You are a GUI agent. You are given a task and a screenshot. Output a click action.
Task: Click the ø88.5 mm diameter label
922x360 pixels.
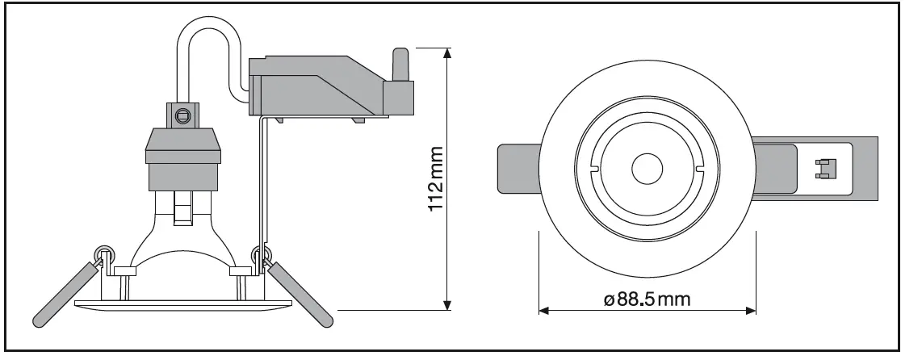coord(647,300)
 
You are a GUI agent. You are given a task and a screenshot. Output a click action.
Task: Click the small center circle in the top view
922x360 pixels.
coord(647,170)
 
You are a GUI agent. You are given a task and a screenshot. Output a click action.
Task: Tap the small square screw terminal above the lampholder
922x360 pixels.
coord(183,116)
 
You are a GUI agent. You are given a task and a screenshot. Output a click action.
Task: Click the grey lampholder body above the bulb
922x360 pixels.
coord(182,157)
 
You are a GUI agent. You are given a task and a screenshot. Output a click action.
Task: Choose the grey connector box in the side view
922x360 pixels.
coord(323,85)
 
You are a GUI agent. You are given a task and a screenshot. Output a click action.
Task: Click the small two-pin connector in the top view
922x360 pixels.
coord(824,168)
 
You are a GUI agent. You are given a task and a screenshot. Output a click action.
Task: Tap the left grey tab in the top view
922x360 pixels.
coord(517,170)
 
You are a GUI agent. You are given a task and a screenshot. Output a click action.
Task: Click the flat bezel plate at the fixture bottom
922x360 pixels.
coord(182,303)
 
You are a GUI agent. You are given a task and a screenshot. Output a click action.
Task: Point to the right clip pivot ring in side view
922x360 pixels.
coord(260,253)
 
